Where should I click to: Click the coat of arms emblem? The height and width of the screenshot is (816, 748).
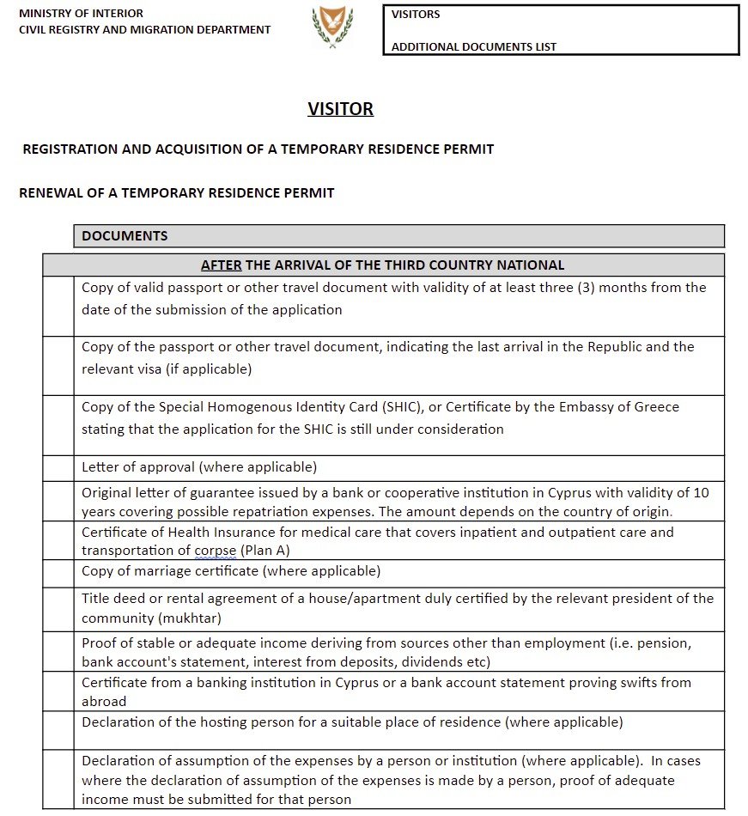(331, 25)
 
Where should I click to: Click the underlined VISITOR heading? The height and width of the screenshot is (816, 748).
(341, 109)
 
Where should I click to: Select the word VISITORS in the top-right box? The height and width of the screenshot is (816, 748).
(416, 15)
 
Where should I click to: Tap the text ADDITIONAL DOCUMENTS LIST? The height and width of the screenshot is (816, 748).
(474, 47)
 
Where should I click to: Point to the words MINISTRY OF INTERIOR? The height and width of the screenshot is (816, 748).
(81, 14)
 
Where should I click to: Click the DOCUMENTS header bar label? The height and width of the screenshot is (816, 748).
(125, 236)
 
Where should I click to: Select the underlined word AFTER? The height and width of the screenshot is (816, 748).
(221, 265)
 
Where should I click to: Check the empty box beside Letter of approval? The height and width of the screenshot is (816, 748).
(58, 468)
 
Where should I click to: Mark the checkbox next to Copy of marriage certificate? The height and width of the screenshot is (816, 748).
(58, 573)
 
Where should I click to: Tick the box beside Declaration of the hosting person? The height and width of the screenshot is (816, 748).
(58, 730)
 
